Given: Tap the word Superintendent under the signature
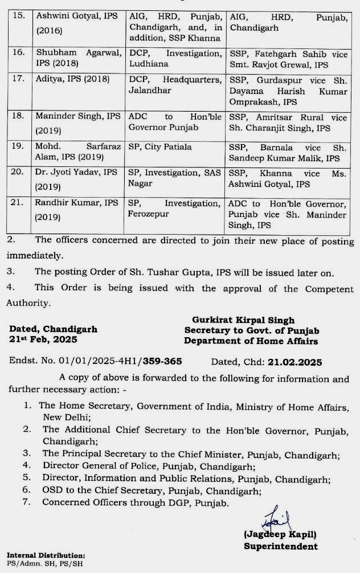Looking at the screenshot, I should pyautogui.click(x=281, y=546).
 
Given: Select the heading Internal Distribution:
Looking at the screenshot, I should pyautogui.click(x=46, y=555).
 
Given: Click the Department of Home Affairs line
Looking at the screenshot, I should pyautogui.click(x=251, y=341).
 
